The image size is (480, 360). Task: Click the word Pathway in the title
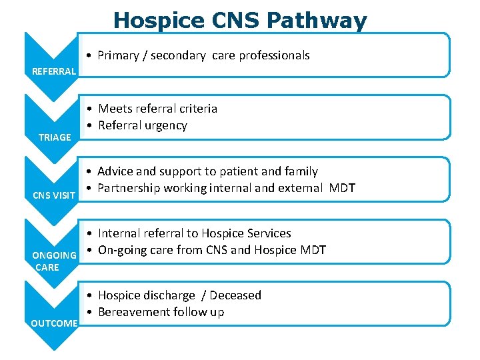point(317,21)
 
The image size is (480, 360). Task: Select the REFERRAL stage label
point(55,71)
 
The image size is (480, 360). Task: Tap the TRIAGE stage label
point(55,137)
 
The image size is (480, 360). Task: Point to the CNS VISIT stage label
point(55,195)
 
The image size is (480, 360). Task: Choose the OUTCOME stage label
point(55,323)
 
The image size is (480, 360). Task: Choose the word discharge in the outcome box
point(170,295)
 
